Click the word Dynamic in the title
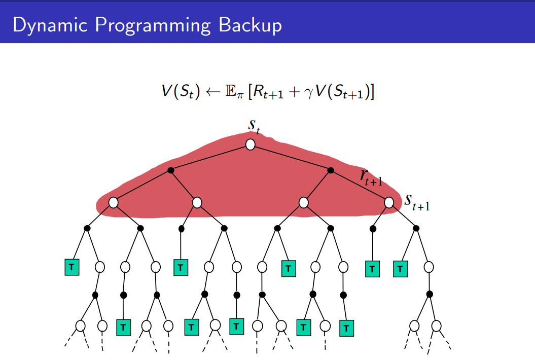click(x=44, y=25)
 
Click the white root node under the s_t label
click(x=250, y=145)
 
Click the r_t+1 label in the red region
click(x=371, y=177)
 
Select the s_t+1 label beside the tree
click(x=416, y=201)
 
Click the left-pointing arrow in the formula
click(x=204, y=92)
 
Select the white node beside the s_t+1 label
click(x=389, y=202)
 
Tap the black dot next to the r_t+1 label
click(x=331, y=170)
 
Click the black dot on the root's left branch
click(x=171, y=170)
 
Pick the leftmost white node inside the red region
click(x=113, y=202)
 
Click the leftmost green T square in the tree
click(x=72, y=267)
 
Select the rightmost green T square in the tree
click(x=400, y=268)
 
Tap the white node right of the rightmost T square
click(x=429, y=267)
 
